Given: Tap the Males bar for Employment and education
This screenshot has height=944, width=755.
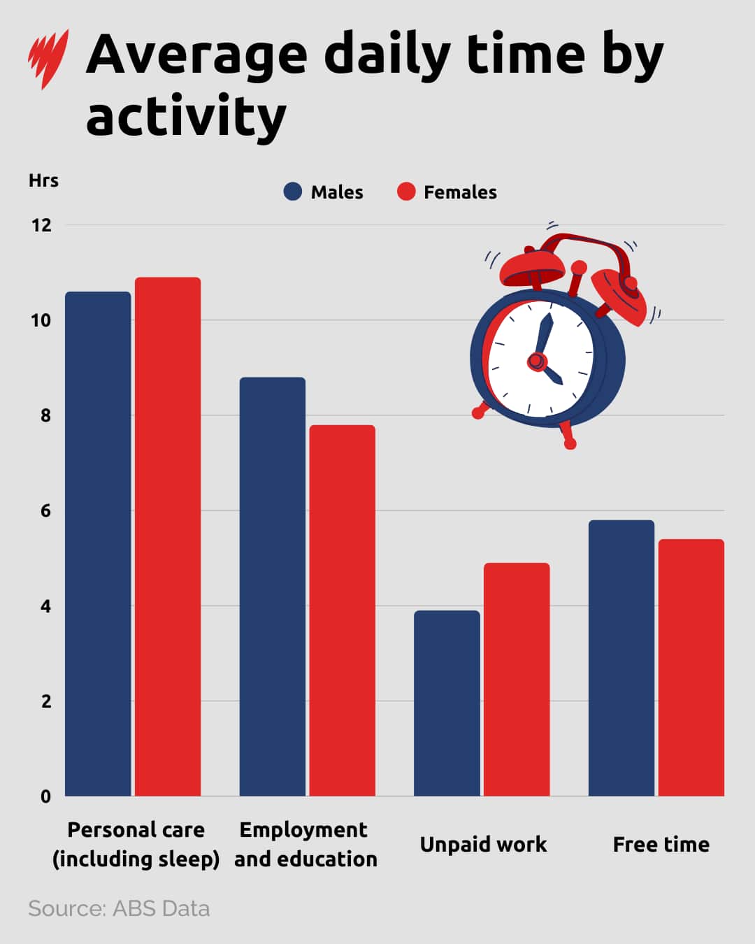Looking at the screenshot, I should coord(272,587).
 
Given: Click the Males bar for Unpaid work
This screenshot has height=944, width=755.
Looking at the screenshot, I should coord(447,703).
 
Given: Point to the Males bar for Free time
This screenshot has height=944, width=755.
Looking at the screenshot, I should coord(621,658).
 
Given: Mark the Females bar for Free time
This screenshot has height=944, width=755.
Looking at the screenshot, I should coord(691,668).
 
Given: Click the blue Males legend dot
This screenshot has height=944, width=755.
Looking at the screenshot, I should coord(293,192).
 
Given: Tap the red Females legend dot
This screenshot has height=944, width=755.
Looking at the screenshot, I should coord(406,192).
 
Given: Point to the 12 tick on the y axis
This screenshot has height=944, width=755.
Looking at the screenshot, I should coord(42,225).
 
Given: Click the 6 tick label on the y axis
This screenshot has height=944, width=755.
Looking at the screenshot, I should coord(45,511).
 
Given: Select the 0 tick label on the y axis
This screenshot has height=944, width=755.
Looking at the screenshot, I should coord(45,796).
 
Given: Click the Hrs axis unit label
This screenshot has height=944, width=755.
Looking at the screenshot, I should coord(43,180).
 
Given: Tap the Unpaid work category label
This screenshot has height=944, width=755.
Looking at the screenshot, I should coord(483,845).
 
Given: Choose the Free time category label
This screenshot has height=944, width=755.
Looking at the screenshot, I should coord(661,845).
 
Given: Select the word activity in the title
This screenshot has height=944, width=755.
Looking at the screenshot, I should coord(186,116).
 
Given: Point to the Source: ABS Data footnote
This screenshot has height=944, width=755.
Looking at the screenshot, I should coord(119,908).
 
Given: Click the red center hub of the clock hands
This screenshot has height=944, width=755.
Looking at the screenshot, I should coord(536,361).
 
